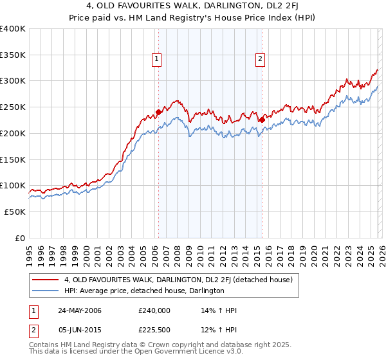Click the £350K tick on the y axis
[x=13, y=55]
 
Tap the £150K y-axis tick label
[x=13, y=159]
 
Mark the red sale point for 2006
[x=158, y=112]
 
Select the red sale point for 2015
[x=262, y=120]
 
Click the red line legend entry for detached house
[x=179, y=280]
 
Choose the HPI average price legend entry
[x=144, y=291]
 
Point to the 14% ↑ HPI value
[x=219, y=310]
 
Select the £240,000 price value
[x=154, y=310]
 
